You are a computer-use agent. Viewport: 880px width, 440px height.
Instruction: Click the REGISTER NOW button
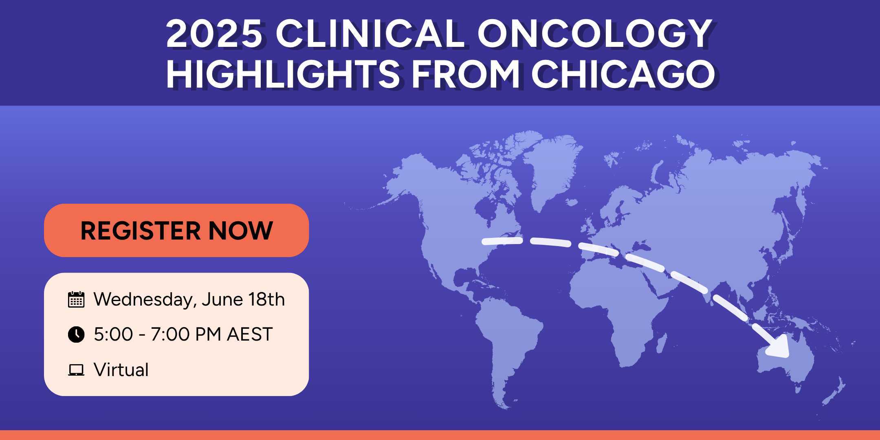176,230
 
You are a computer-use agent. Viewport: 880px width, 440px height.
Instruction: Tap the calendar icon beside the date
76,299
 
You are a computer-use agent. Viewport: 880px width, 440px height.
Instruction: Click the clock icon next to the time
76,334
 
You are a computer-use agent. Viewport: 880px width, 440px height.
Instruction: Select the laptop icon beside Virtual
76,370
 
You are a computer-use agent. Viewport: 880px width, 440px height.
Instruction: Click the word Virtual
121,370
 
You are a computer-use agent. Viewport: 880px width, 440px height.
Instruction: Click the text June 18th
243,299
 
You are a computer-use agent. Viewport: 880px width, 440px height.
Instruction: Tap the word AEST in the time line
250,334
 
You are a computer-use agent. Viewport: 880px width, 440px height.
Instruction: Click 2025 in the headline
214,34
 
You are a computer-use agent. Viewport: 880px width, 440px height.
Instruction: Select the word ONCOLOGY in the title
595,34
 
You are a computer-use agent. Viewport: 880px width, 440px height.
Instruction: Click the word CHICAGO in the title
623,74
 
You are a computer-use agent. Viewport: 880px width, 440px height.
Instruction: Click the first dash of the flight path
502,241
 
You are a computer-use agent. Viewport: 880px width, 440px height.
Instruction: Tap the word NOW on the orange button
241,231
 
